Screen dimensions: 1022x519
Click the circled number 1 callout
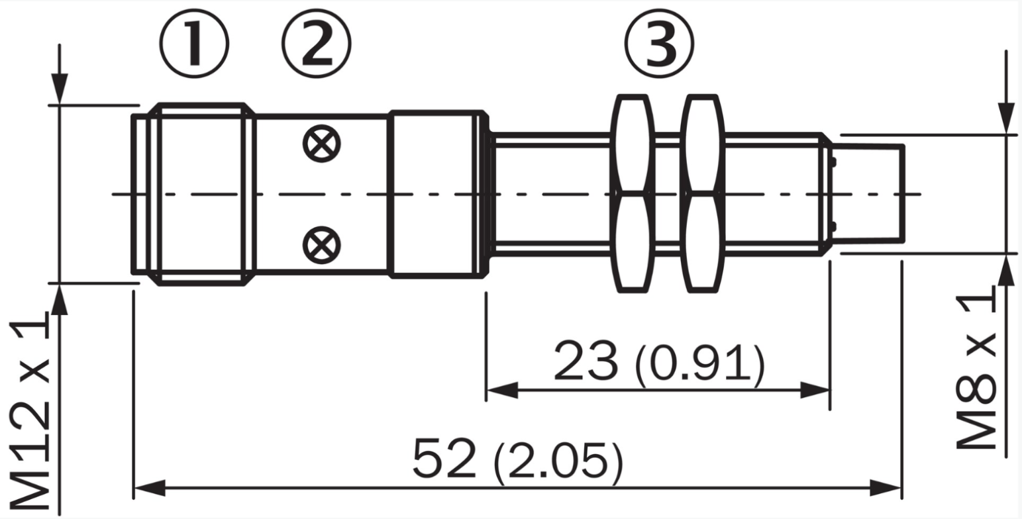194,43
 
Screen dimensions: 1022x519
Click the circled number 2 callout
317,43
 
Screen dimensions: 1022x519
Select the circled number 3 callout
659,43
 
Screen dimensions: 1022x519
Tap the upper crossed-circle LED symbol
322,143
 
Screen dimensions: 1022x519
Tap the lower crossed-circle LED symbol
322,245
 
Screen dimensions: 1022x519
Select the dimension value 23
586,361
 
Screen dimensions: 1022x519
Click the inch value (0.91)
699,363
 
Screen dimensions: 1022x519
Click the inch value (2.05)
558,461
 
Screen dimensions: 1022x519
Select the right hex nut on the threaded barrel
702,193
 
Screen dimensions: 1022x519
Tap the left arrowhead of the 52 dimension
150,488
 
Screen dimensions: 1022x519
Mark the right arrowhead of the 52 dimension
886,488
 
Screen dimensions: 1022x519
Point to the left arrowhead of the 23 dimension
502,391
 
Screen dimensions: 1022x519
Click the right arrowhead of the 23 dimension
815,391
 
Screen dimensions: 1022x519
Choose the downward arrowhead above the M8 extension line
1006,118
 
